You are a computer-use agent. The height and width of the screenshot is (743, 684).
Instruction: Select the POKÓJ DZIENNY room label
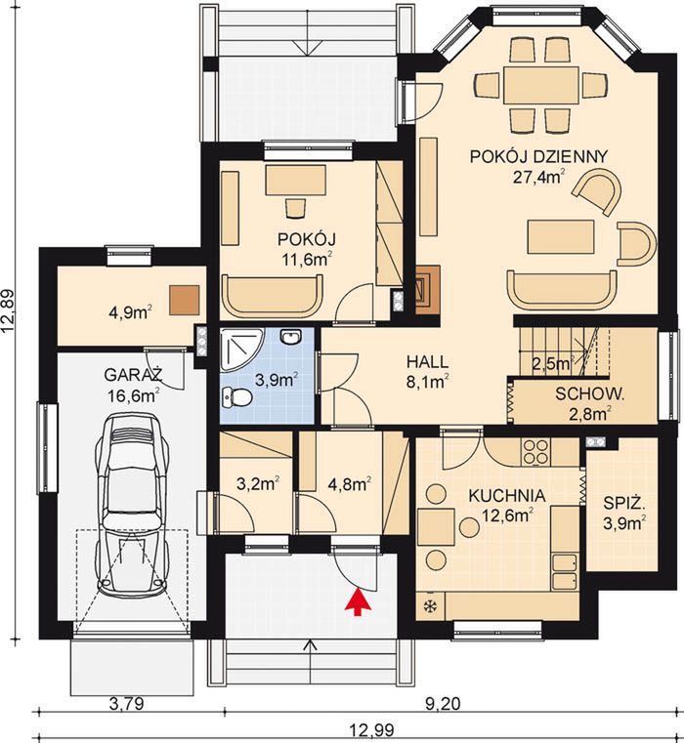point(538,156)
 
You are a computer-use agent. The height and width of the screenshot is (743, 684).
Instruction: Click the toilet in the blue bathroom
point(236,397)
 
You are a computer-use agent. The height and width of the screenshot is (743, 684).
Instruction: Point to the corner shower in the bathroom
point(241,350)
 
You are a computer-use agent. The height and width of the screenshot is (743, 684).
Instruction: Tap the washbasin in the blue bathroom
point(290,337)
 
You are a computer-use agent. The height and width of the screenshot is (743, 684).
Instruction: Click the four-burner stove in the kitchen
point(535,451)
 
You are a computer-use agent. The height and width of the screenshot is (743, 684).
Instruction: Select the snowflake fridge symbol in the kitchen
point(431,605)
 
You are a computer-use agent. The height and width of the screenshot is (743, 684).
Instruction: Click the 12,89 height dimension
point(10,311)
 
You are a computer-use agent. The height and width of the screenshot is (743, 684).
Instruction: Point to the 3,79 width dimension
point(126,704)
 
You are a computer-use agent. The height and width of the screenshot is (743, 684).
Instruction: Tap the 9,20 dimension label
point(443,704)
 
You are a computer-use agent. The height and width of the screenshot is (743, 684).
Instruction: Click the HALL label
point(427,362)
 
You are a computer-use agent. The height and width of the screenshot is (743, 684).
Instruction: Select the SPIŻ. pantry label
point(624,503)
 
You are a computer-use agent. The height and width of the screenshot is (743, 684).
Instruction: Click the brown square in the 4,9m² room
point(185,301)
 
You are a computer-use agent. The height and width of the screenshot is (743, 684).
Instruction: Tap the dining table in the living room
point(541,86)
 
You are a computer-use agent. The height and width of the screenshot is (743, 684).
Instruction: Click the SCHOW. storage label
point(589,393)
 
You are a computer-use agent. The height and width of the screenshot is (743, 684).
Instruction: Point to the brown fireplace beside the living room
point(427,290)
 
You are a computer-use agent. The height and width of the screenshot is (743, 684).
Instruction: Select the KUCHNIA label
point(506,496)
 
